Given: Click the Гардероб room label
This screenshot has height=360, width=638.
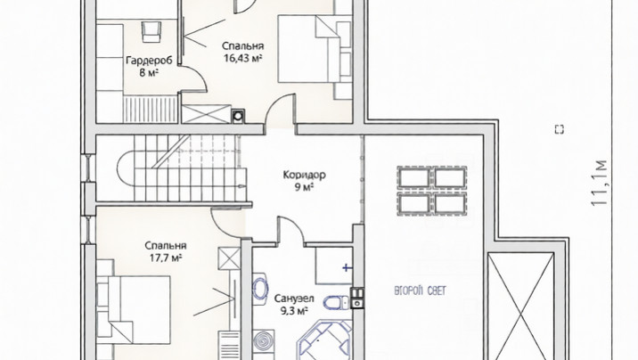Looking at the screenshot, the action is [149, 61].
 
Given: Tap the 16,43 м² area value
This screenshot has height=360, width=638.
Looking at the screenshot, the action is [242, 58].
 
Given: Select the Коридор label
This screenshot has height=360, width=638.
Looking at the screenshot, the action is [305, 176].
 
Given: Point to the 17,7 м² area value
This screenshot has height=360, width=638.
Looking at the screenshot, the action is [166, 258].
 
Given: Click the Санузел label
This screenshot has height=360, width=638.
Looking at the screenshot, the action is [294, 299].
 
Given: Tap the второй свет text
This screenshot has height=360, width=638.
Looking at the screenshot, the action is [421, 290].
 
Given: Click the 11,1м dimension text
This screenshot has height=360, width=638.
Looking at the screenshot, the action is [600, 183].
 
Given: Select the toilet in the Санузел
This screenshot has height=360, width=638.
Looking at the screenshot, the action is [337, 302].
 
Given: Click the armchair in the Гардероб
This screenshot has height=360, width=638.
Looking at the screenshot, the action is [151, 32].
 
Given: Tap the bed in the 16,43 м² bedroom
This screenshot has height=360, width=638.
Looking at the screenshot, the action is [315, 49].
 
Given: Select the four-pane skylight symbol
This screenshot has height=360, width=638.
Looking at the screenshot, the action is [432, 191].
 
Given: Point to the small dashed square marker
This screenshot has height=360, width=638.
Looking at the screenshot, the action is [560, 129].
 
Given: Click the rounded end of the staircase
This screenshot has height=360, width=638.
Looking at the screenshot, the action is [126, 168].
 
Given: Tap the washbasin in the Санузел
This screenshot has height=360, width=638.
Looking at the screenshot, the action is [259, 289].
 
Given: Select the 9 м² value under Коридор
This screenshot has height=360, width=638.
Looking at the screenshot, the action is [305, 187].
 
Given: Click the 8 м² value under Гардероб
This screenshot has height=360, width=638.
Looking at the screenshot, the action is [149, 73].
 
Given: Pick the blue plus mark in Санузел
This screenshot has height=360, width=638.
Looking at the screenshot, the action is [347, 267].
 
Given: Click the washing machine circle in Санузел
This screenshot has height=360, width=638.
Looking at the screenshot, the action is [260, 340].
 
